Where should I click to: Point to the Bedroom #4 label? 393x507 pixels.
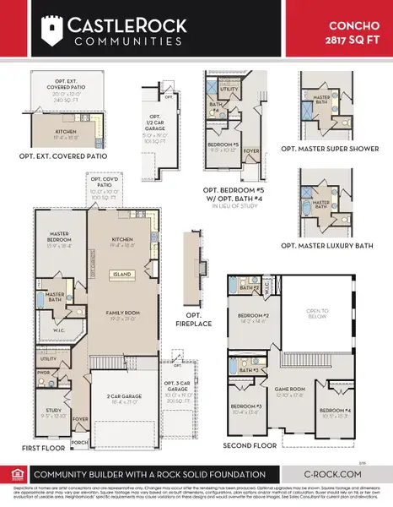[333, 412]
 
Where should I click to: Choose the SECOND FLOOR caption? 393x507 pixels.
[250, 444]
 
